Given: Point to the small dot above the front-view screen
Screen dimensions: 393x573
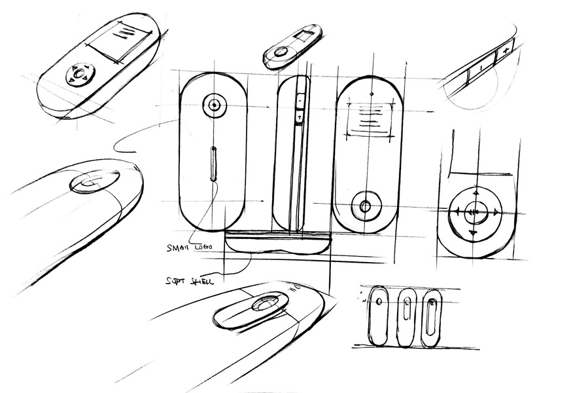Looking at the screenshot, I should (371, 94).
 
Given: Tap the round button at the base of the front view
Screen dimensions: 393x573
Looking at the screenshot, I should (365, 207).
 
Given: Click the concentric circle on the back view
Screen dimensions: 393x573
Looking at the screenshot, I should (215, 105).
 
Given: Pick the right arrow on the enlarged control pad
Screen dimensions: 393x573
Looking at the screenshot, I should (496, 212).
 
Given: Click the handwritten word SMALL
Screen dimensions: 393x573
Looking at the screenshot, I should (178, 248).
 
